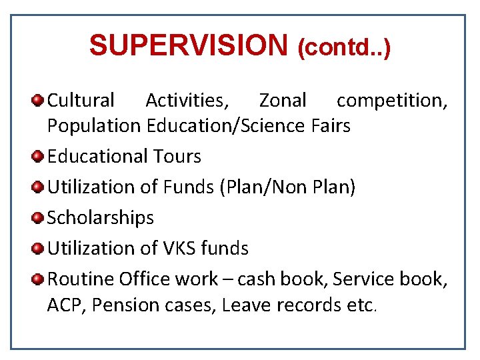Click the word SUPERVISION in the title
[187, 46]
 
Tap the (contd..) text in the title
[344, 47]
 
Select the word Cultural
[81, 101]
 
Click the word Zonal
[283, 101]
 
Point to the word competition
[391, 101]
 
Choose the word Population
[94, 125]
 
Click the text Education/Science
[227, 125]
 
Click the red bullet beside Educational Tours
[38, 157]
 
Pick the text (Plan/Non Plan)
[287, 187]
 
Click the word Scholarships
[101, 217]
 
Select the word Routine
[81, 279]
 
